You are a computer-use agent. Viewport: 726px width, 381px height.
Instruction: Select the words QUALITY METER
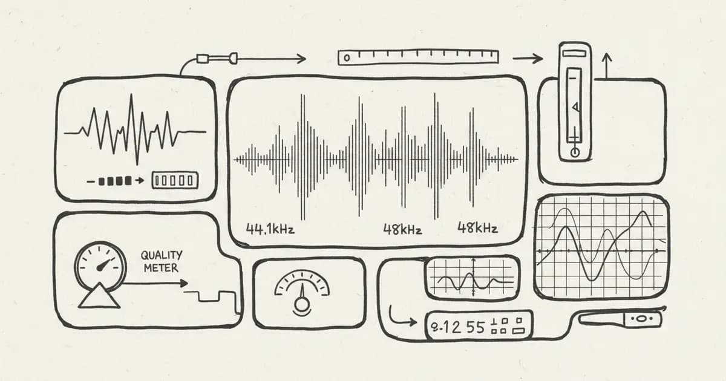161,262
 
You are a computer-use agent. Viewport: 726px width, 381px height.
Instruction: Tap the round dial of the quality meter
100,265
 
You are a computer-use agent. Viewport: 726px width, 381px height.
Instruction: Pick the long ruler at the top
417,57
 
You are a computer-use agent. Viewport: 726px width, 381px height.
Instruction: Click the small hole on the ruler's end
347,58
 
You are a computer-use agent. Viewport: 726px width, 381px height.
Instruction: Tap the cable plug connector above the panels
216,59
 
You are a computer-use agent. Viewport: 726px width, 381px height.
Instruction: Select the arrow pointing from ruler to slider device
528,59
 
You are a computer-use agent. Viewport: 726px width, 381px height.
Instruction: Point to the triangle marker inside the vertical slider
576,108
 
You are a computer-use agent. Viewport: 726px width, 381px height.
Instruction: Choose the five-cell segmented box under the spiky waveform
174,180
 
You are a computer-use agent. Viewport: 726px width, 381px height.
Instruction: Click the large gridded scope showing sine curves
602,247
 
